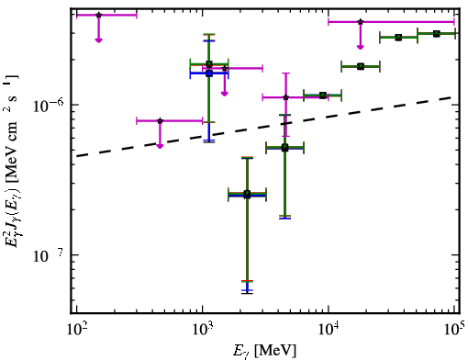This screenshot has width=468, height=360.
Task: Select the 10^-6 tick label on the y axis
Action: pyautogui.click(x=49, y=106)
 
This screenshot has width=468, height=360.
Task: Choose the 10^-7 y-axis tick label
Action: pyautogui.click(x=49, y=256)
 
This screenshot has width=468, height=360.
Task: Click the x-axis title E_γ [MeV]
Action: pyautogui.click(x=264, y=351)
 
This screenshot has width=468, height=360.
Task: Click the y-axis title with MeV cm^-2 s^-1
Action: pyautogui.click(x=11, y=159)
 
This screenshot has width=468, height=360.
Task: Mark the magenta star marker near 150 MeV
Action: pyautogui.click(x=98, y=15)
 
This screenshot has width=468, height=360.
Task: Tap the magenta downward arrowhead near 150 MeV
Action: pyautogui.click(x=98, y=40)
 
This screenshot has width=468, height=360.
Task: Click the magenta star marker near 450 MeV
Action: pyautogui.click(x=160, y=120)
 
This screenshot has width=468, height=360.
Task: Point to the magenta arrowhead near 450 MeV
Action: pyautogui.click(x=160, y=146)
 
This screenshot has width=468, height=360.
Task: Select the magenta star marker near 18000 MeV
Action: pyautogui.click(x=361, y=22)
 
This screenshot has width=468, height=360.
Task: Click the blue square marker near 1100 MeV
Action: pyautogui.click(x=209, y=73)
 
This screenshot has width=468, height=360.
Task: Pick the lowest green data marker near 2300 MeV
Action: pyautogui.click(x=247, y=194)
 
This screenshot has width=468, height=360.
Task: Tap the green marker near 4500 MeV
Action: pyautogui.click(x=284, y=148)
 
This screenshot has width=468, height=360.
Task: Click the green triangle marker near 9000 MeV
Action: pyautogui.click(x=323, y=96)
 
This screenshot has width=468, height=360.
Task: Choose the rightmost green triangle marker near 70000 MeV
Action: pyautogui.click(x=437, y=33)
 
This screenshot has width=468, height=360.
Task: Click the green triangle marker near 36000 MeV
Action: pyautogui.click(x=398, y=38)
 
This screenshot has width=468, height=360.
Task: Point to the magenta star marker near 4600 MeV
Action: pyautogui.click(x=286, y=97)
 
